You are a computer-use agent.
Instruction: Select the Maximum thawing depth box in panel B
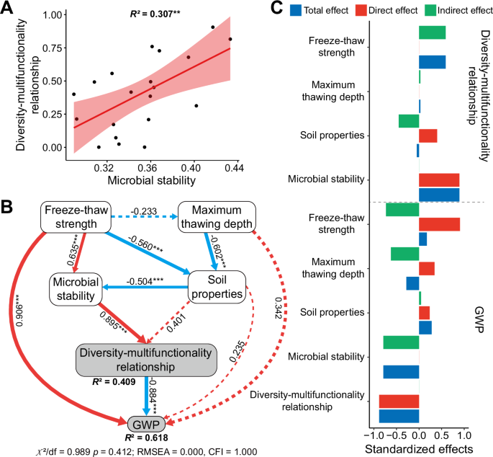(217, 217)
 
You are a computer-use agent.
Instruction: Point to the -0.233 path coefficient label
(145, 211)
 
